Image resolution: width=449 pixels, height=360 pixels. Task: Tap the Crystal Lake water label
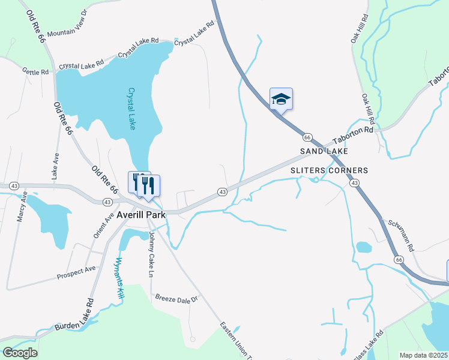pos(132,109)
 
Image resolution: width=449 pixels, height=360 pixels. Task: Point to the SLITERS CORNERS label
pos(329,170)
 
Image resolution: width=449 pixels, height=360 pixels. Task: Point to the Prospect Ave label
pos(76,272)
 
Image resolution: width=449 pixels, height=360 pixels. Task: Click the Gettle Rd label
pos(35,72)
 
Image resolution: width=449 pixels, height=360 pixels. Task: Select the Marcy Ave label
pos(22,207)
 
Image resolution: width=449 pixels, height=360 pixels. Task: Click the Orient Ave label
pos(103,225)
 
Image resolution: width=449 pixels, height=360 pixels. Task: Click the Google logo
pos(20,353)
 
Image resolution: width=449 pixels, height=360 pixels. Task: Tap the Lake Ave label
pos(55,166)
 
